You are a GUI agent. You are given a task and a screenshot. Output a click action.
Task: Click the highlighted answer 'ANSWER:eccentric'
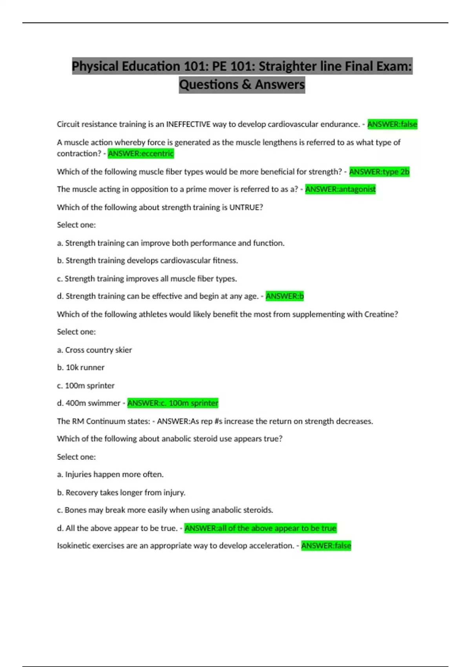pos(141,153)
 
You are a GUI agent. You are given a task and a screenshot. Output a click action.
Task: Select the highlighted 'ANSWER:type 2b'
pos(379,172)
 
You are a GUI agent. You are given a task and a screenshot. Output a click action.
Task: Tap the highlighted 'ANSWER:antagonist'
pos(340,190)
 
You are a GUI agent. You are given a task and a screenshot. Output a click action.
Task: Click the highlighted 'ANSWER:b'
pos(285,296)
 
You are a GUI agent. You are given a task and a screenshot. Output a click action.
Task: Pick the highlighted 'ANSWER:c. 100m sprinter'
pos(173,403)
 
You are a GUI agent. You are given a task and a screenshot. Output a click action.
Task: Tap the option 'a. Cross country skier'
pos(94,350)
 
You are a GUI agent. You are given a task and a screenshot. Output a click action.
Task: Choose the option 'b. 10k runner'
pos(80,368)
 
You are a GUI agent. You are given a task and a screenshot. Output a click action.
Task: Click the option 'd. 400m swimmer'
pos(88,403)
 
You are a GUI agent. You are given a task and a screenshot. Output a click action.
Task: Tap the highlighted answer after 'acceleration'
pos(326,546)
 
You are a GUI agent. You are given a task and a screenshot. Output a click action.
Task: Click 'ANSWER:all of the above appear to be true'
pos(260,528)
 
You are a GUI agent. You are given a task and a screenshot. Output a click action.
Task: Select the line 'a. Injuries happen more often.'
pos(110,474)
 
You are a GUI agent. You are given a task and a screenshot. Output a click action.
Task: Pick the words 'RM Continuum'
pos(105,421)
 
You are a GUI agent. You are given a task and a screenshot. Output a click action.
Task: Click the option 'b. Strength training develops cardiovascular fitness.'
pos(148,261)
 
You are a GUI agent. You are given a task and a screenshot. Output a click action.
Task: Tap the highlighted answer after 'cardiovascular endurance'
pos(392,124)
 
